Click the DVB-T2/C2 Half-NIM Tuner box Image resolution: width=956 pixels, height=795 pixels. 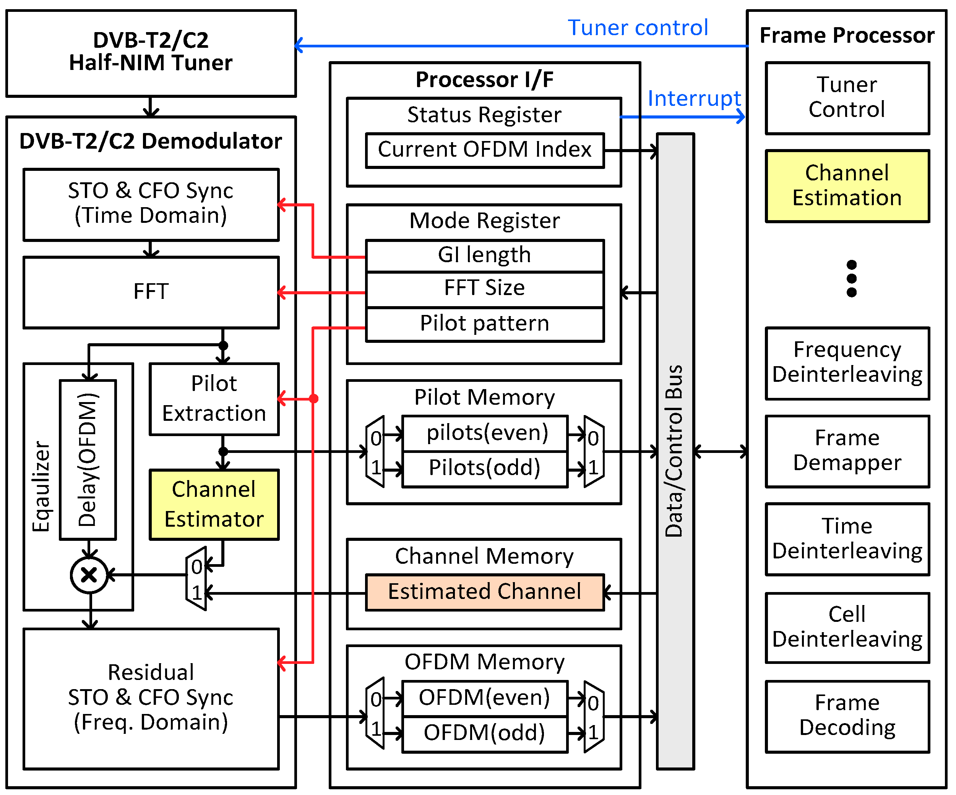click(x=151, y=53)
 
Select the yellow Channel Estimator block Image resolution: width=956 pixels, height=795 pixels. click(x=214, y=505)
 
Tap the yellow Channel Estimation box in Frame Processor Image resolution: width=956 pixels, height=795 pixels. click(x=847, y=186)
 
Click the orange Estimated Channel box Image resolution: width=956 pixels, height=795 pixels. click(x=484, y=592)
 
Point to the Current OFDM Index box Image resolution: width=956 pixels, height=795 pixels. click(x=484, y=150)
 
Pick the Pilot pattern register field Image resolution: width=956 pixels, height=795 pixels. click(x=484, y=324)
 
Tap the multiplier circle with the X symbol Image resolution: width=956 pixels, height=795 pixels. click(x=89, y=575)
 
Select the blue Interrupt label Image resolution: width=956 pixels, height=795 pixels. click(x=694, y=99)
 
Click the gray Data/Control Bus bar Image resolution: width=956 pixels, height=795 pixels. click(x=675, y=451)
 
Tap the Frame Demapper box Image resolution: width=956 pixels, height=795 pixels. click(x=847, y=451)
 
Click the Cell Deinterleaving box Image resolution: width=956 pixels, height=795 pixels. click(x=847, y=628)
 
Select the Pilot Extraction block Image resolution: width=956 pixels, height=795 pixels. click(x=214, y=399)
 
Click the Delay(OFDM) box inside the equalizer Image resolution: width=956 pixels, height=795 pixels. click(x=88, y=460)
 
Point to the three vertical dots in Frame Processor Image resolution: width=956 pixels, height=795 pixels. click(x=851, y=279)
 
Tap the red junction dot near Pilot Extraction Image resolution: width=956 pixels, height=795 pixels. click(x=313, y=399)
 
